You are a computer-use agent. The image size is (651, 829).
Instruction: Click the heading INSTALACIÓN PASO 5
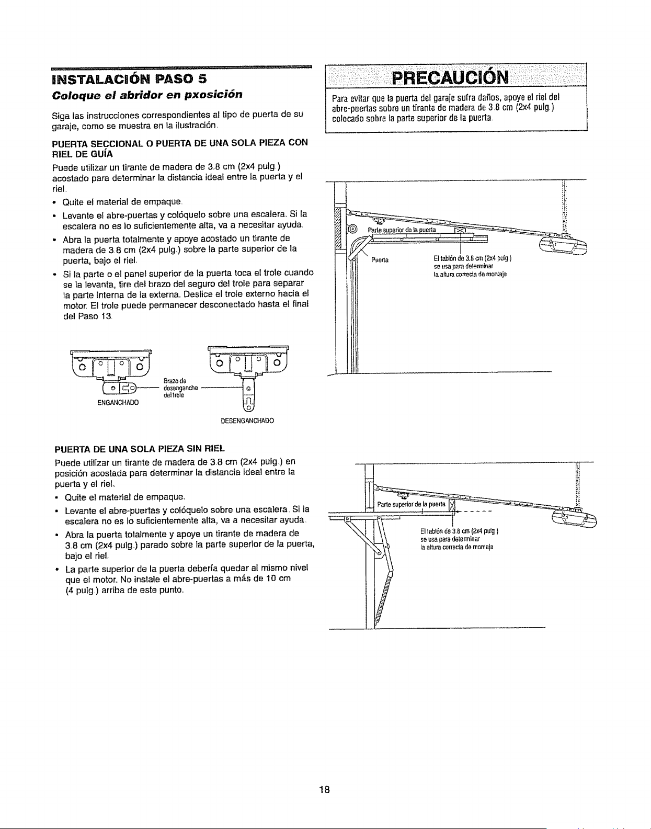click(129, 78)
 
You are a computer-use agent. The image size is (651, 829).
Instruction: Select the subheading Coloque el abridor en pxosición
click(147, 95)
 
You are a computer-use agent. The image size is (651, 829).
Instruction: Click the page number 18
click(325, 789)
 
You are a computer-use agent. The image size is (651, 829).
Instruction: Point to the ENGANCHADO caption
click(118, 403)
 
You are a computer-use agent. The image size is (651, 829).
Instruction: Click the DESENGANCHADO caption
click(247, 421)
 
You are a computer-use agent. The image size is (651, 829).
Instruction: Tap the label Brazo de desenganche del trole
click(180, 388)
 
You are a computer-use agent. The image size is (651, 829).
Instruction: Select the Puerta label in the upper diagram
click(380, 260)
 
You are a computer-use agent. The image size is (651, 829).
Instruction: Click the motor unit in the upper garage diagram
click(563, 247)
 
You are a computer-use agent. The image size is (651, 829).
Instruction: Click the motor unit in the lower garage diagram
click(574, 518)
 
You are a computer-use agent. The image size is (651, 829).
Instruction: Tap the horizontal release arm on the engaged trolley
click(119, 388)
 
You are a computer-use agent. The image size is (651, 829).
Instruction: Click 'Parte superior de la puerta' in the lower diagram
click(411, 504)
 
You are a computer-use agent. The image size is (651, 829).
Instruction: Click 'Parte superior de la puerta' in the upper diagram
click(402, 230)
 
